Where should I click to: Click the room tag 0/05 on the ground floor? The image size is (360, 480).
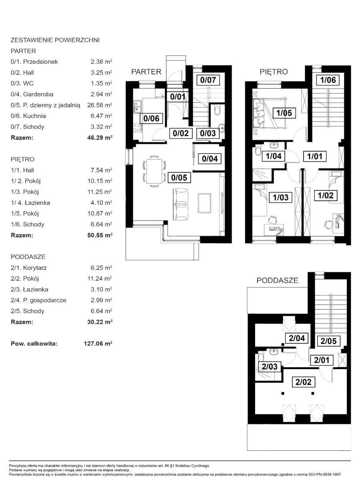(179, 177)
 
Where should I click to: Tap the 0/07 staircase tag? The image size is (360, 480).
(208, 80)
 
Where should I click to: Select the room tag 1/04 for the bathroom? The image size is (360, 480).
(274, 156)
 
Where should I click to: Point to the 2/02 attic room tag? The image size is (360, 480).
(303, 382)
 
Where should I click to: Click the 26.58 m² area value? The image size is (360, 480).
(100, 105)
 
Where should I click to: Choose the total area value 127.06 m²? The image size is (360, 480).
(98, 344)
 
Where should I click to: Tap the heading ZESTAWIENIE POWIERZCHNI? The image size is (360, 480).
(55, 40)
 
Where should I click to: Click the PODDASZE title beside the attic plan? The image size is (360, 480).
(277, 280)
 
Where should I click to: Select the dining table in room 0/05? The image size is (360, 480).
(154, 171)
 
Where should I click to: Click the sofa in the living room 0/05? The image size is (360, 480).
(180, 204)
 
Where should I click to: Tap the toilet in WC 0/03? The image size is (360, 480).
(218, 110)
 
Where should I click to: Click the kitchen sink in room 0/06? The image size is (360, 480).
(138, 106)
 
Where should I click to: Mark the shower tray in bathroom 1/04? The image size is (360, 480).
(262, 175)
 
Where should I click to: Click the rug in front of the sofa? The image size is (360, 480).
(204, 203)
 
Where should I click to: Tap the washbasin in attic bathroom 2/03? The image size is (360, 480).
(273, 352)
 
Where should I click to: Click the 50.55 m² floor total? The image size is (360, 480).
(100, 235)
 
